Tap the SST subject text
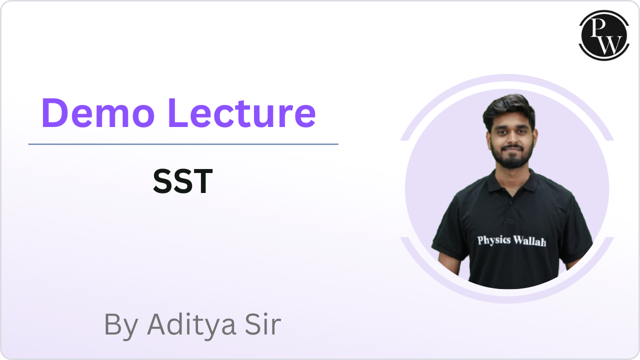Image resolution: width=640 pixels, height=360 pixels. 182,181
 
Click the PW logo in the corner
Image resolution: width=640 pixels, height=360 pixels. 603,35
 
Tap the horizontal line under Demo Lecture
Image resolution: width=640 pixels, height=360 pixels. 183,144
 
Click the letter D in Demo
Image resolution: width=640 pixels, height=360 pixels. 54,112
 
